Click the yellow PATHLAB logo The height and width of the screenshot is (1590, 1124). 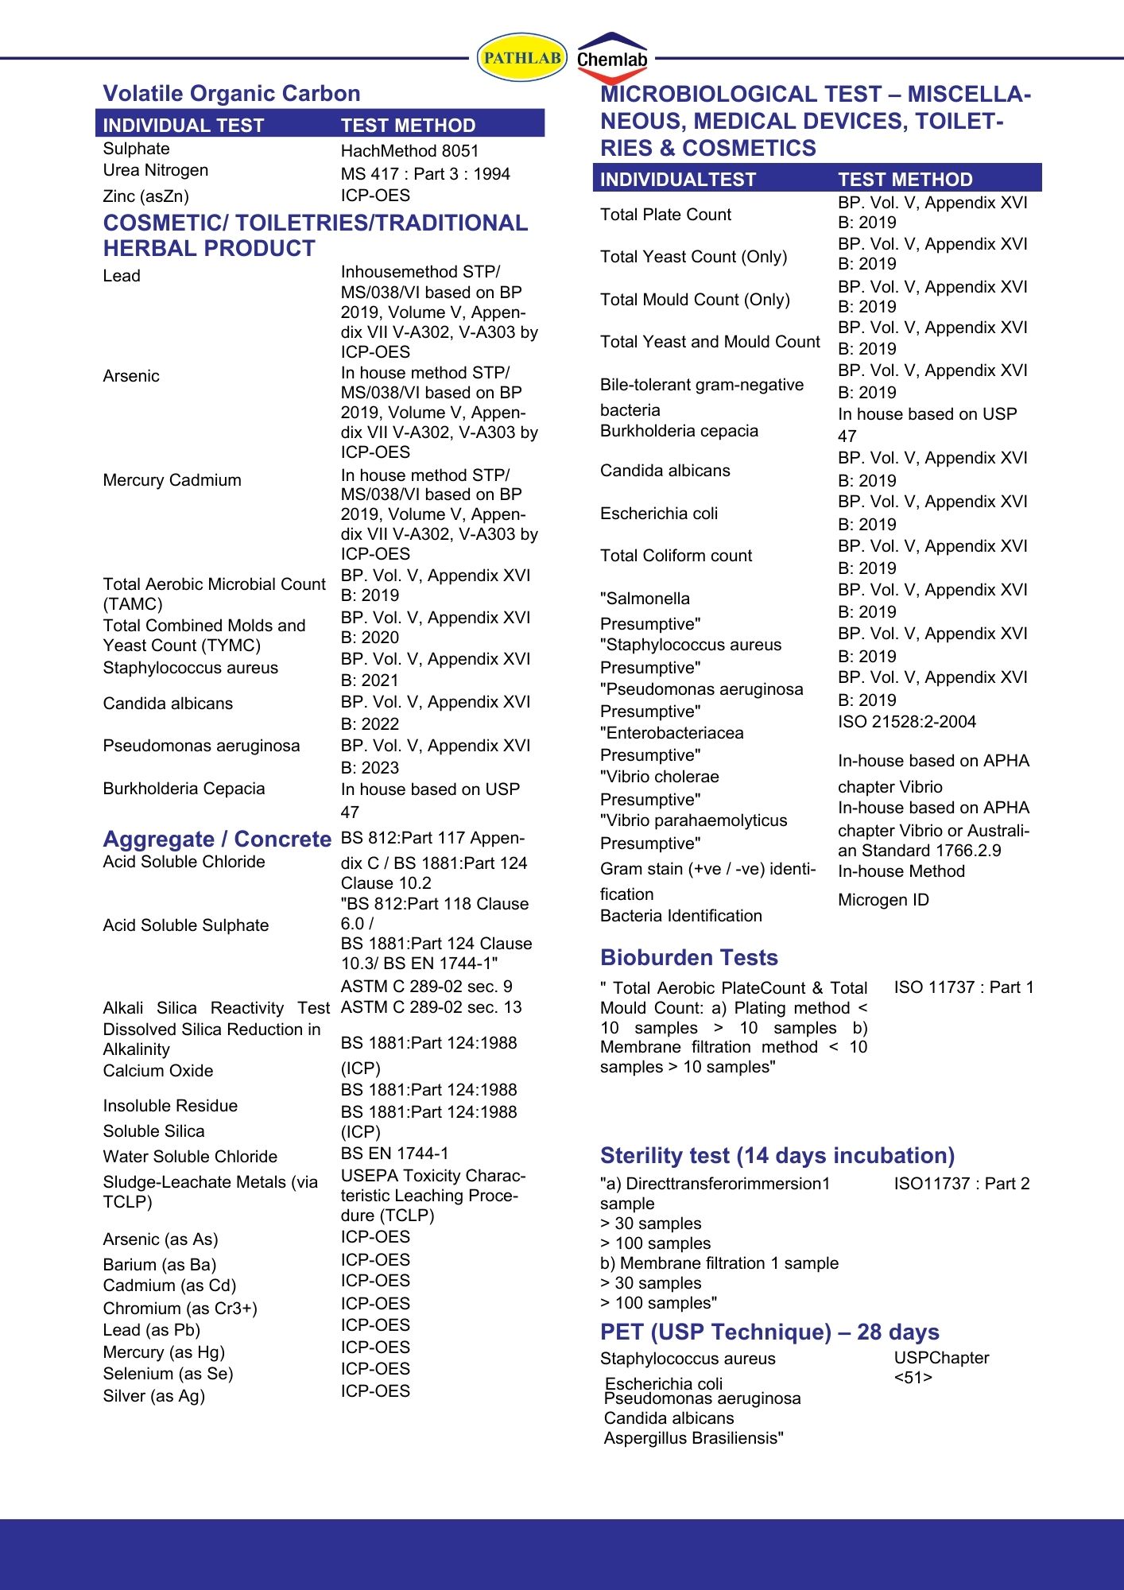pos(521,57)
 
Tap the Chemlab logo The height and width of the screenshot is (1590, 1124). pos(612,59)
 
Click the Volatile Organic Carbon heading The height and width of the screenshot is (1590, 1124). pos(231,94)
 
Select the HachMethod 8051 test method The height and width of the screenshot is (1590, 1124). pos(409,151)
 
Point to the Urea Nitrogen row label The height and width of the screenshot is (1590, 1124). pos(155,170)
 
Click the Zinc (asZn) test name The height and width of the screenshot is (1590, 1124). pos(145,196)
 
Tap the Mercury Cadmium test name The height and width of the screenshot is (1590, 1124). pos(172,480)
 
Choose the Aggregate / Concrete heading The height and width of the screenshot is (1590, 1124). pos(217,840)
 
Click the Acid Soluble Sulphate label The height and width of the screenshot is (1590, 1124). pos(185,925)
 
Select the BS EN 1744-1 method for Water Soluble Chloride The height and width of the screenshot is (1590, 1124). pos(394,1154)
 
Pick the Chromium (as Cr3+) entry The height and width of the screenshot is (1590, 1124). pos(180,1309)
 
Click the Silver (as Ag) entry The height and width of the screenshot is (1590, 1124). pos(153,1396)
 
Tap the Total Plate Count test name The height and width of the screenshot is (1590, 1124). pos(665,215)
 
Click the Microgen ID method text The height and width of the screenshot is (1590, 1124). pos(883,900)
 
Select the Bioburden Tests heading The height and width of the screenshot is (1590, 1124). pos(688,958)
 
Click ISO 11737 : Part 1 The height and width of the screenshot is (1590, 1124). pos(963,987)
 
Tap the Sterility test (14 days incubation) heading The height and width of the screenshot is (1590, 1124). pos(777,1156)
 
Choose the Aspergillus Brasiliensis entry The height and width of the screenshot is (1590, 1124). pos(693,1438)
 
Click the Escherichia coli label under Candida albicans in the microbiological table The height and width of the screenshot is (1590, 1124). pos(658,514)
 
